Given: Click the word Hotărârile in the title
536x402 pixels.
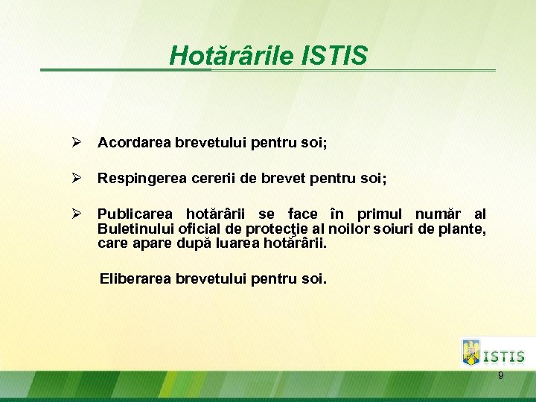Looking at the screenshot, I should click(232, 55).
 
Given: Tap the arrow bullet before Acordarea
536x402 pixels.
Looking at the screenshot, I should click(74, 141).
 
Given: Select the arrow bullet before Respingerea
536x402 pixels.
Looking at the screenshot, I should click(74, 179).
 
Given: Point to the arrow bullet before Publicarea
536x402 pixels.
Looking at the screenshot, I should click(74, 215).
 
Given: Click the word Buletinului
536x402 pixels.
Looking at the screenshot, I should click(135, 229).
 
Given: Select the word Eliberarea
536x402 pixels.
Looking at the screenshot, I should click(135, 279).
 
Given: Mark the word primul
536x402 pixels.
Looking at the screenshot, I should click(383, 215).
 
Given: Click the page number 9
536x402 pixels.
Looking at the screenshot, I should click(500, 375).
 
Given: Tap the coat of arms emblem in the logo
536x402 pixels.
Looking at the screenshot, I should click(471, 351).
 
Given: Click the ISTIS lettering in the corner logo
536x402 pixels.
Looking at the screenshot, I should click(504, 357).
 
